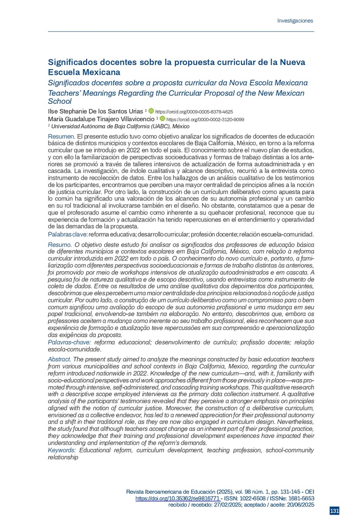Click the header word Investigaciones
click(295, 21)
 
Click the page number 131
click(334, 511)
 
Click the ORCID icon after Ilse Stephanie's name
click(151, 111)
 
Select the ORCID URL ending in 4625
click(194, 111)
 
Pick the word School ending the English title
click(60, 101)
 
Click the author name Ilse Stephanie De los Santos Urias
click(96, 111)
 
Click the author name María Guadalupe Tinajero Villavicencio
click(102, 118)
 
